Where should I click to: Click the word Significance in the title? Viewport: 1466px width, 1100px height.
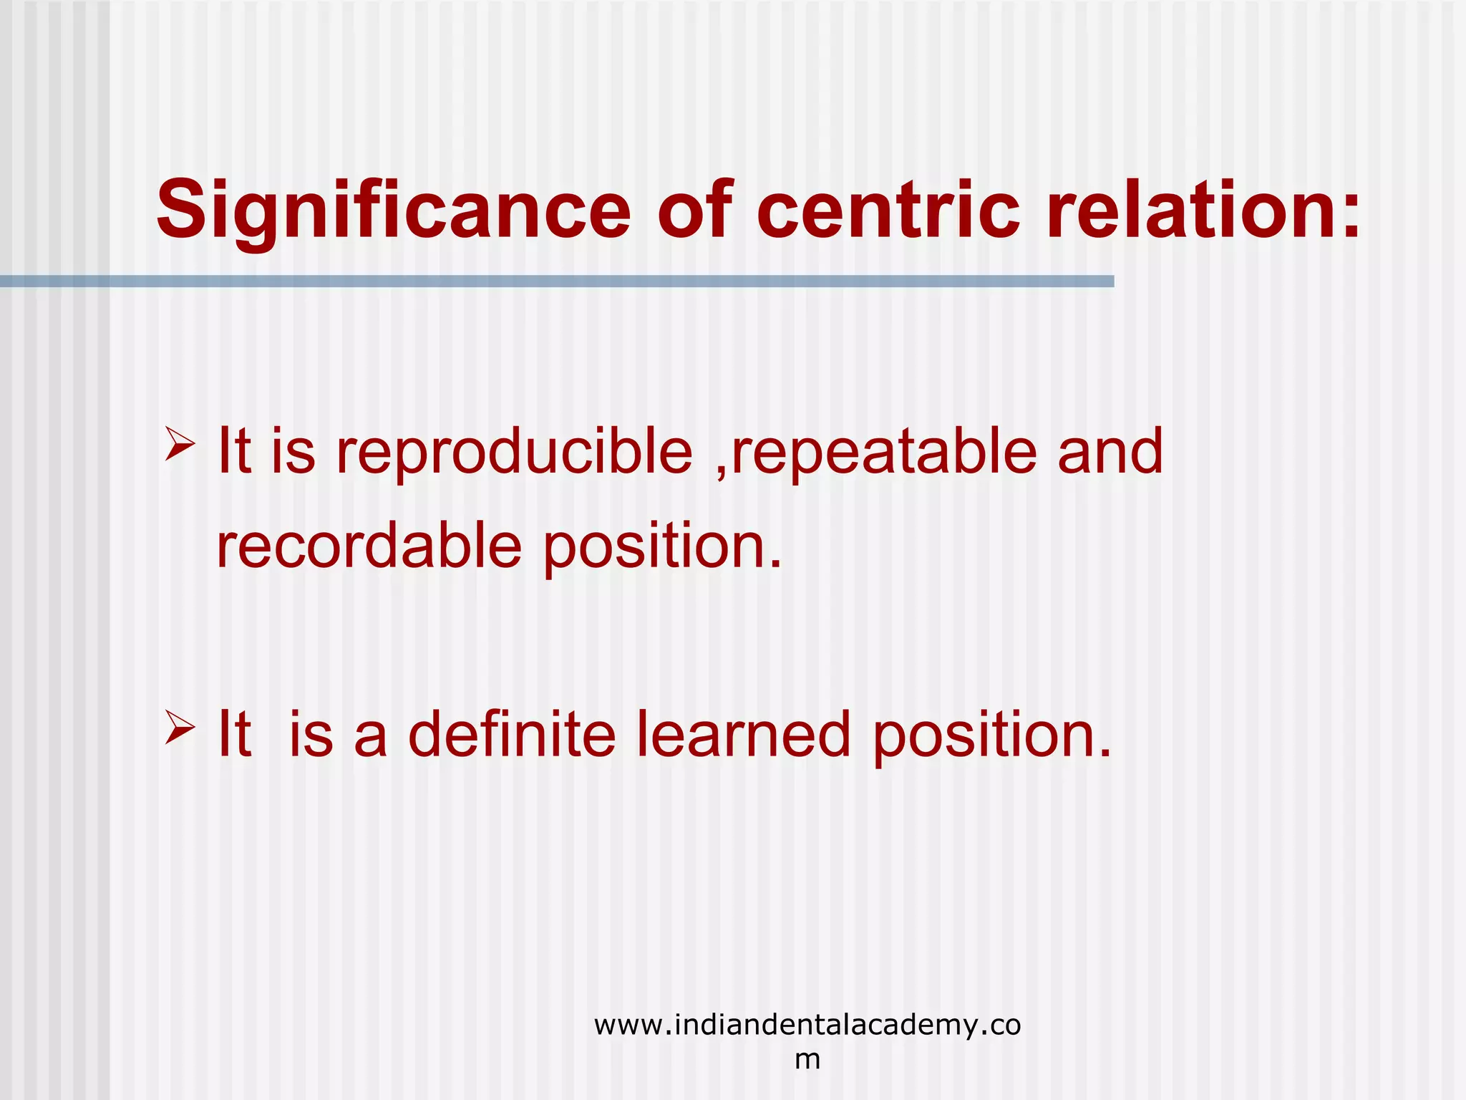393,211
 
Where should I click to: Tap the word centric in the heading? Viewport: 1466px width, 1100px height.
887,210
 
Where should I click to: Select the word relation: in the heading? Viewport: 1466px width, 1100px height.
1203,210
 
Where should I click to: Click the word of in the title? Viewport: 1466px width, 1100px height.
694,210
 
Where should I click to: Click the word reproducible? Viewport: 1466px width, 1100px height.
514,453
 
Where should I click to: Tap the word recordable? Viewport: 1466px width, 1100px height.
369,546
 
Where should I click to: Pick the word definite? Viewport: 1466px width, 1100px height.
511,734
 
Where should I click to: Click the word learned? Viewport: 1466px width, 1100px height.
743,734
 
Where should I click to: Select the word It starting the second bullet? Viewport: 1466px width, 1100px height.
234,734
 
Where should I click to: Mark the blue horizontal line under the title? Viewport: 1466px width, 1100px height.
557,281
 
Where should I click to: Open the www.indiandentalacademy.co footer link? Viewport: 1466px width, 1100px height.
807,1026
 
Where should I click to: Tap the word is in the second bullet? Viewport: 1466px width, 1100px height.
311,734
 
